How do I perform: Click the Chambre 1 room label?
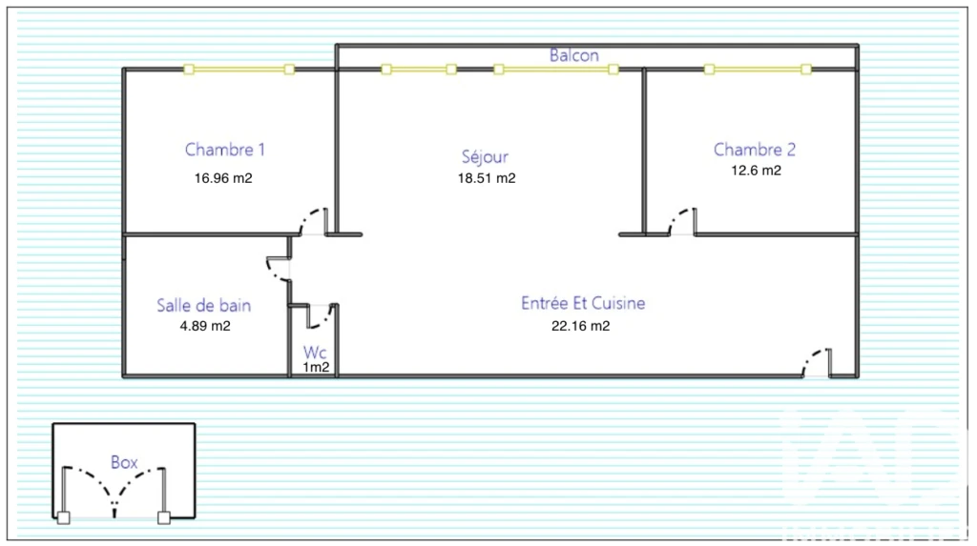pos(225,150)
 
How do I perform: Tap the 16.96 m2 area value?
pos(223,178)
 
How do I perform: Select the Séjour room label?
pos(485,155)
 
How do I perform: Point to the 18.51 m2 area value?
pos(487,178)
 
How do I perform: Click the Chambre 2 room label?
pos(755,150)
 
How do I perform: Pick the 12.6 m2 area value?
pos(756,171)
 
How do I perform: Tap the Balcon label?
pos(573,55)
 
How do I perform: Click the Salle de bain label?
pos(204,305)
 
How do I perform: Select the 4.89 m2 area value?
pos(205,326)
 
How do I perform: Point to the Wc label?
pos(315,353)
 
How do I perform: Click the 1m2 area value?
pos(316,367)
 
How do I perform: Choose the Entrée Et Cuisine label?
pos(583,303)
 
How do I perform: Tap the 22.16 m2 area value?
pos(581,326)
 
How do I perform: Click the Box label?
pos(124,462)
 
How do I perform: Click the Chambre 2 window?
pos(758,70)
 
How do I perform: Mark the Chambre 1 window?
pos(239,70)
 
